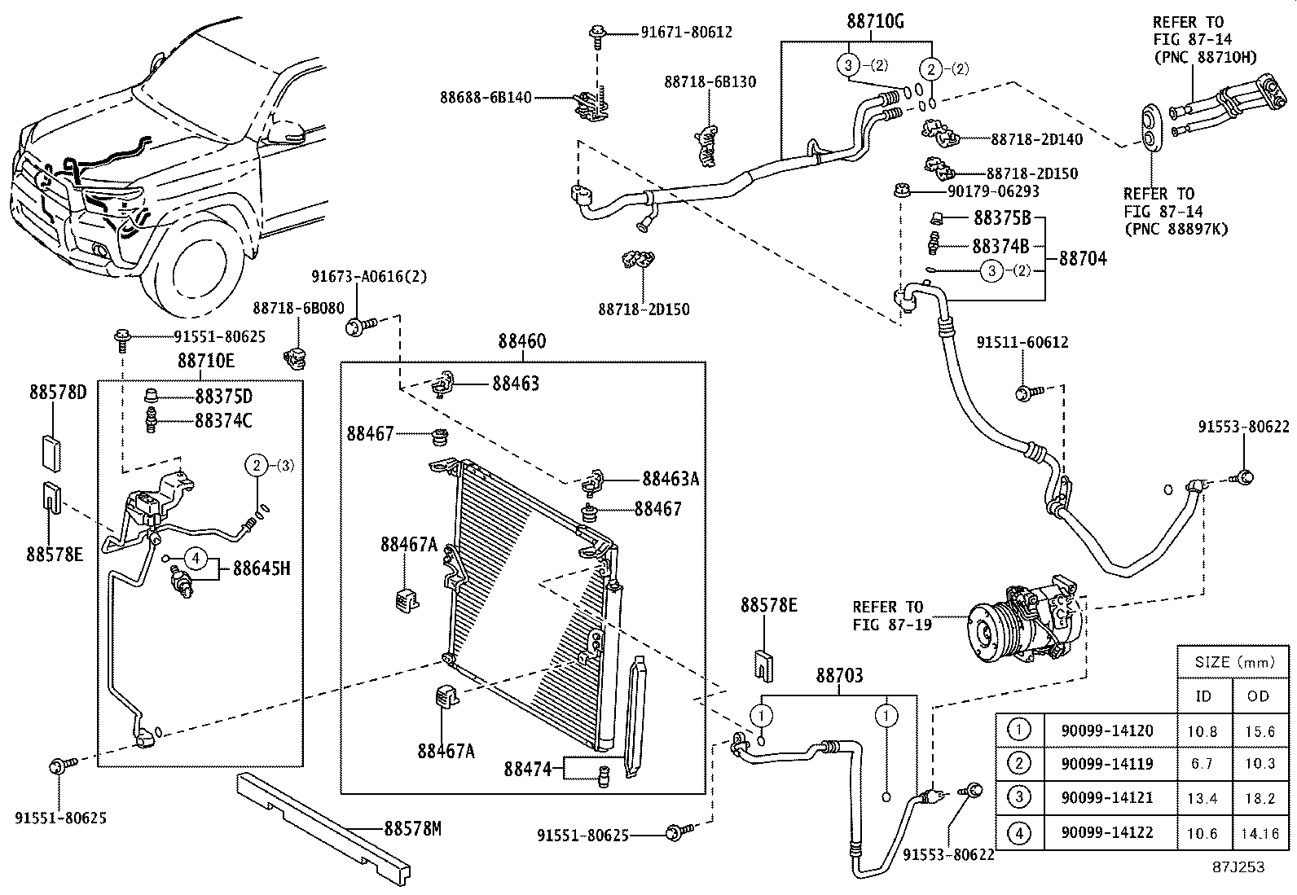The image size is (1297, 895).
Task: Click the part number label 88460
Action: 522,341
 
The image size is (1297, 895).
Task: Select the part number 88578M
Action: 412,829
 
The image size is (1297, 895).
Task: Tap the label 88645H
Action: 262,568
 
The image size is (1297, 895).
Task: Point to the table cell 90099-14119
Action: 1107,764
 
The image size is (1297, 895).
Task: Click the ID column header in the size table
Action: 1203,695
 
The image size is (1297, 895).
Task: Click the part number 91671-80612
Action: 686,33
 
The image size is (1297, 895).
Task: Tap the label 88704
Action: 1083,259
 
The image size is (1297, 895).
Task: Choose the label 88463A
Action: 670,479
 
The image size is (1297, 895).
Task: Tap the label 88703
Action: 839,675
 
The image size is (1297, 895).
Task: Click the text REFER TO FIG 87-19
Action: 888,616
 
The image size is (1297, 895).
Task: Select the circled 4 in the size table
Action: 1019,833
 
